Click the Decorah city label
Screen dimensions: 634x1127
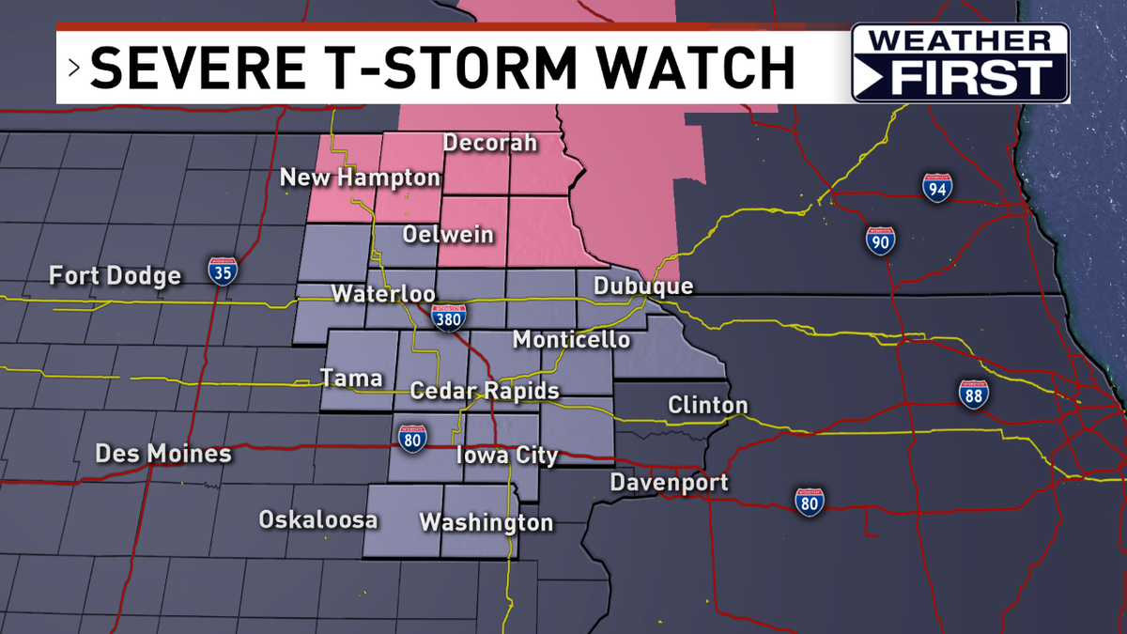tap(489, 144)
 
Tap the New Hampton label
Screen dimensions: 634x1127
tap(360, 178)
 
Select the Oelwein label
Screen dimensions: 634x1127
tap(448, 234)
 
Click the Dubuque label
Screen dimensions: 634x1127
tap(643, 286)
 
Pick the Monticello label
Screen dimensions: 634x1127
tap(571, 340)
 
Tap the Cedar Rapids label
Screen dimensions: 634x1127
tap(485, 391)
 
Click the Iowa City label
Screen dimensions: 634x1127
tap(507, 456)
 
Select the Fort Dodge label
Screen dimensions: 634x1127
tap(115, 276)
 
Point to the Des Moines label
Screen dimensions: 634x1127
tap(163, 455)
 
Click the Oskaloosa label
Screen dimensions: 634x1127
tap(318, 520)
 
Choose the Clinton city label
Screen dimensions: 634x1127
tap(707, 406)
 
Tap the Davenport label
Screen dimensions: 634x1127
tap(669, 483)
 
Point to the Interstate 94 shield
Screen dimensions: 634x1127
tap(936, 188)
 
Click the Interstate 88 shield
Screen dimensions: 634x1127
tap(973, 394)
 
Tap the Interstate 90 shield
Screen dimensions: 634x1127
tap(880, 240)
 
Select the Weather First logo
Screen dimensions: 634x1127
tap(960, 63)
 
